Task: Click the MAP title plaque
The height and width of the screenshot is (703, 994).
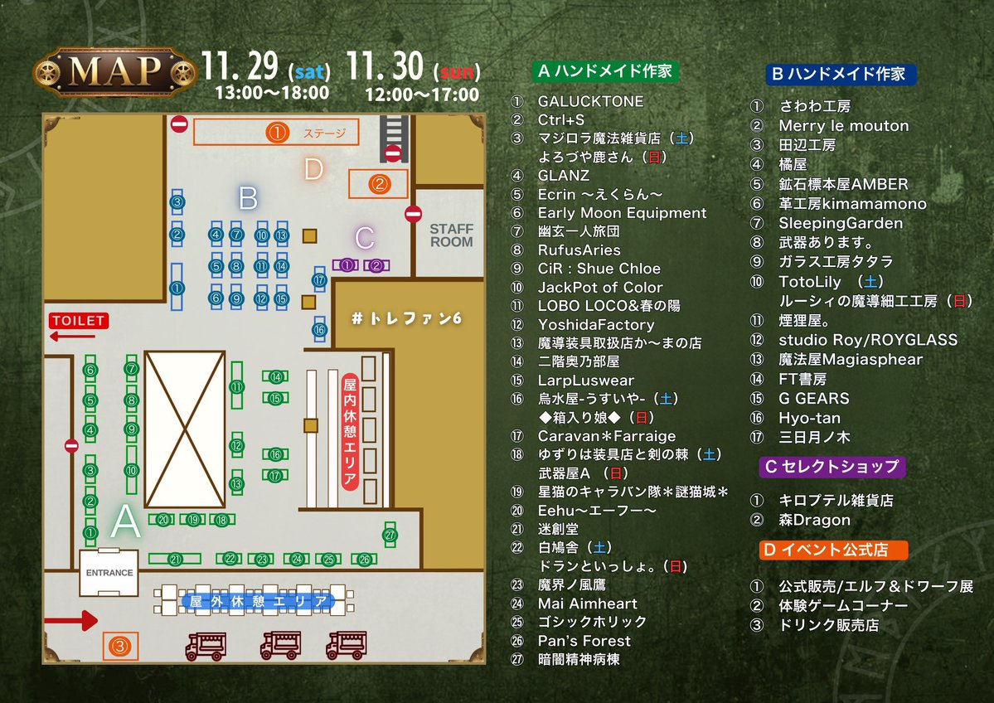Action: pyautogui.click(x=103, y=72)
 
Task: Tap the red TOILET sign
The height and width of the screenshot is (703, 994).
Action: pyautogui.click(x=78, y=321)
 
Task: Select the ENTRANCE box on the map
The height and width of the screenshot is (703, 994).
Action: pyautogui.click(x=109, y=572)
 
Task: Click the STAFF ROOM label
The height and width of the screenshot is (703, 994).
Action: pyautogui.click(x=451, y=235)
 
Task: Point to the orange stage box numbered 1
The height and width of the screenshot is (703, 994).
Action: pyautogui.click(x=277, y=133)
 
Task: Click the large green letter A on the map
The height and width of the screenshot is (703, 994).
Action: pyautogui.click(x=126, y=522)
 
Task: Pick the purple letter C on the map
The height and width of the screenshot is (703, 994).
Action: pyautogui.click(x=364, y=239)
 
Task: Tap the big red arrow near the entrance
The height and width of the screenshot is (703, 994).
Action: pyautogui.click(x=70, y=620)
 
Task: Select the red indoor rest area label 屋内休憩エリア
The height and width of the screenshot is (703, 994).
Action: pyautogui.click(x=349, y=432)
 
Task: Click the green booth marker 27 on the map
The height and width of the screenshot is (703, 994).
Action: pyautogui.click(x=390, y=536)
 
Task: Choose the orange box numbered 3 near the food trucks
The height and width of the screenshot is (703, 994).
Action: pyautogui.click(x=120, y=644)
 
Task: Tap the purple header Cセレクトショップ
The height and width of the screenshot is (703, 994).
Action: pyautogui.click(x=832, y=467)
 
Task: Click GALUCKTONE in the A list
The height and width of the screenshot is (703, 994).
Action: pyautogui.click(x=590, y=101)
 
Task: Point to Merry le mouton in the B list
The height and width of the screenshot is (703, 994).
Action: pyautogui.click(x=843, y=126)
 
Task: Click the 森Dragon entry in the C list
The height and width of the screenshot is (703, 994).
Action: pyautogui.click(x=814, y=520)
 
